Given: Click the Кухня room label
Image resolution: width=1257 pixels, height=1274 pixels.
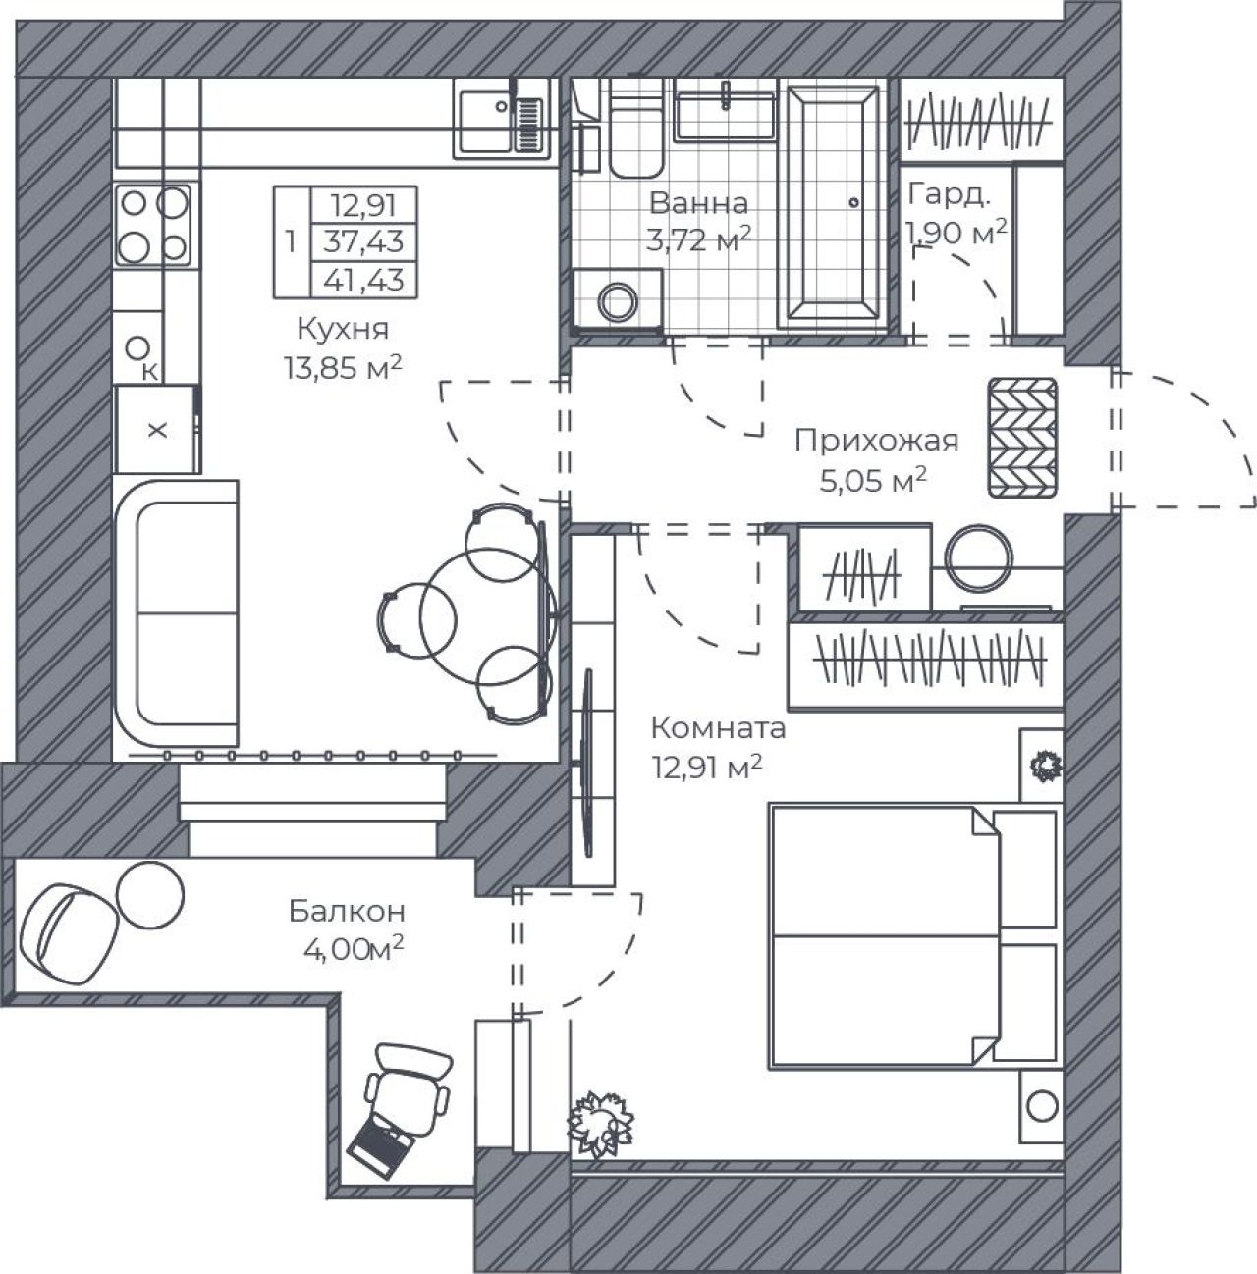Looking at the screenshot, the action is click(343, 329).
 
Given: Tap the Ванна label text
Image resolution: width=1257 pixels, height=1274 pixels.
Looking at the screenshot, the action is click(698, 203).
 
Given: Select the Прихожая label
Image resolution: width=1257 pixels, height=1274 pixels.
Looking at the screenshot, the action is click(877, 441).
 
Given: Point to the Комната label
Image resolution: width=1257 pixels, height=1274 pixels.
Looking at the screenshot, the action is click(719, 728).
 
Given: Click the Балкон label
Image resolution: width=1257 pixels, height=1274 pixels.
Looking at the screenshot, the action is click(347, 912).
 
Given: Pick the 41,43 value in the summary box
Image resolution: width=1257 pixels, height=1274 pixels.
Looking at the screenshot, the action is click(363, 280).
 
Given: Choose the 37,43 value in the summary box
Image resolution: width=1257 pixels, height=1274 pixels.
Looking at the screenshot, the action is click(363, 241).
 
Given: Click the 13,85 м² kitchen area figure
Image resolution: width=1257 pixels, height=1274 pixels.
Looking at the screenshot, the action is click(343, 368).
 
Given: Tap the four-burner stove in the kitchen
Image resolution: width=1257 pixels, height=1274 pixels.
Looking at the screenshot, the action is click(153, 226).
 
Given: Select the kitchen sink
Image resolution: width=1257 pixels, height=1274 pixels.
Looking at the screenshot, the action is click(502, 118).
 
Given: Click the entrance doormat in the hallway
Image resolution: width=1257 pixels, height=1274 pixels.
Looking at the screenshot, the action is click(1022, 438).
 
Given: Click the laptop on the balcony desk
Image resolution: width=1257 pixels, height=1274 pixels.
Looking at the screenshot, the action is click(382, 1150).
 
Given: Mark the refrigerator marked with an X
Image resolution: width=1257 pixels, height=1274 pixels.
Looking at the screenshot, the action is click(157, 430).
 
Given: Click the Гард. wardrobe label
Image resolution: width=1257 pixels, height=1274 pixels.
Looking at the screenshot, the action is click(950, 195).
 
